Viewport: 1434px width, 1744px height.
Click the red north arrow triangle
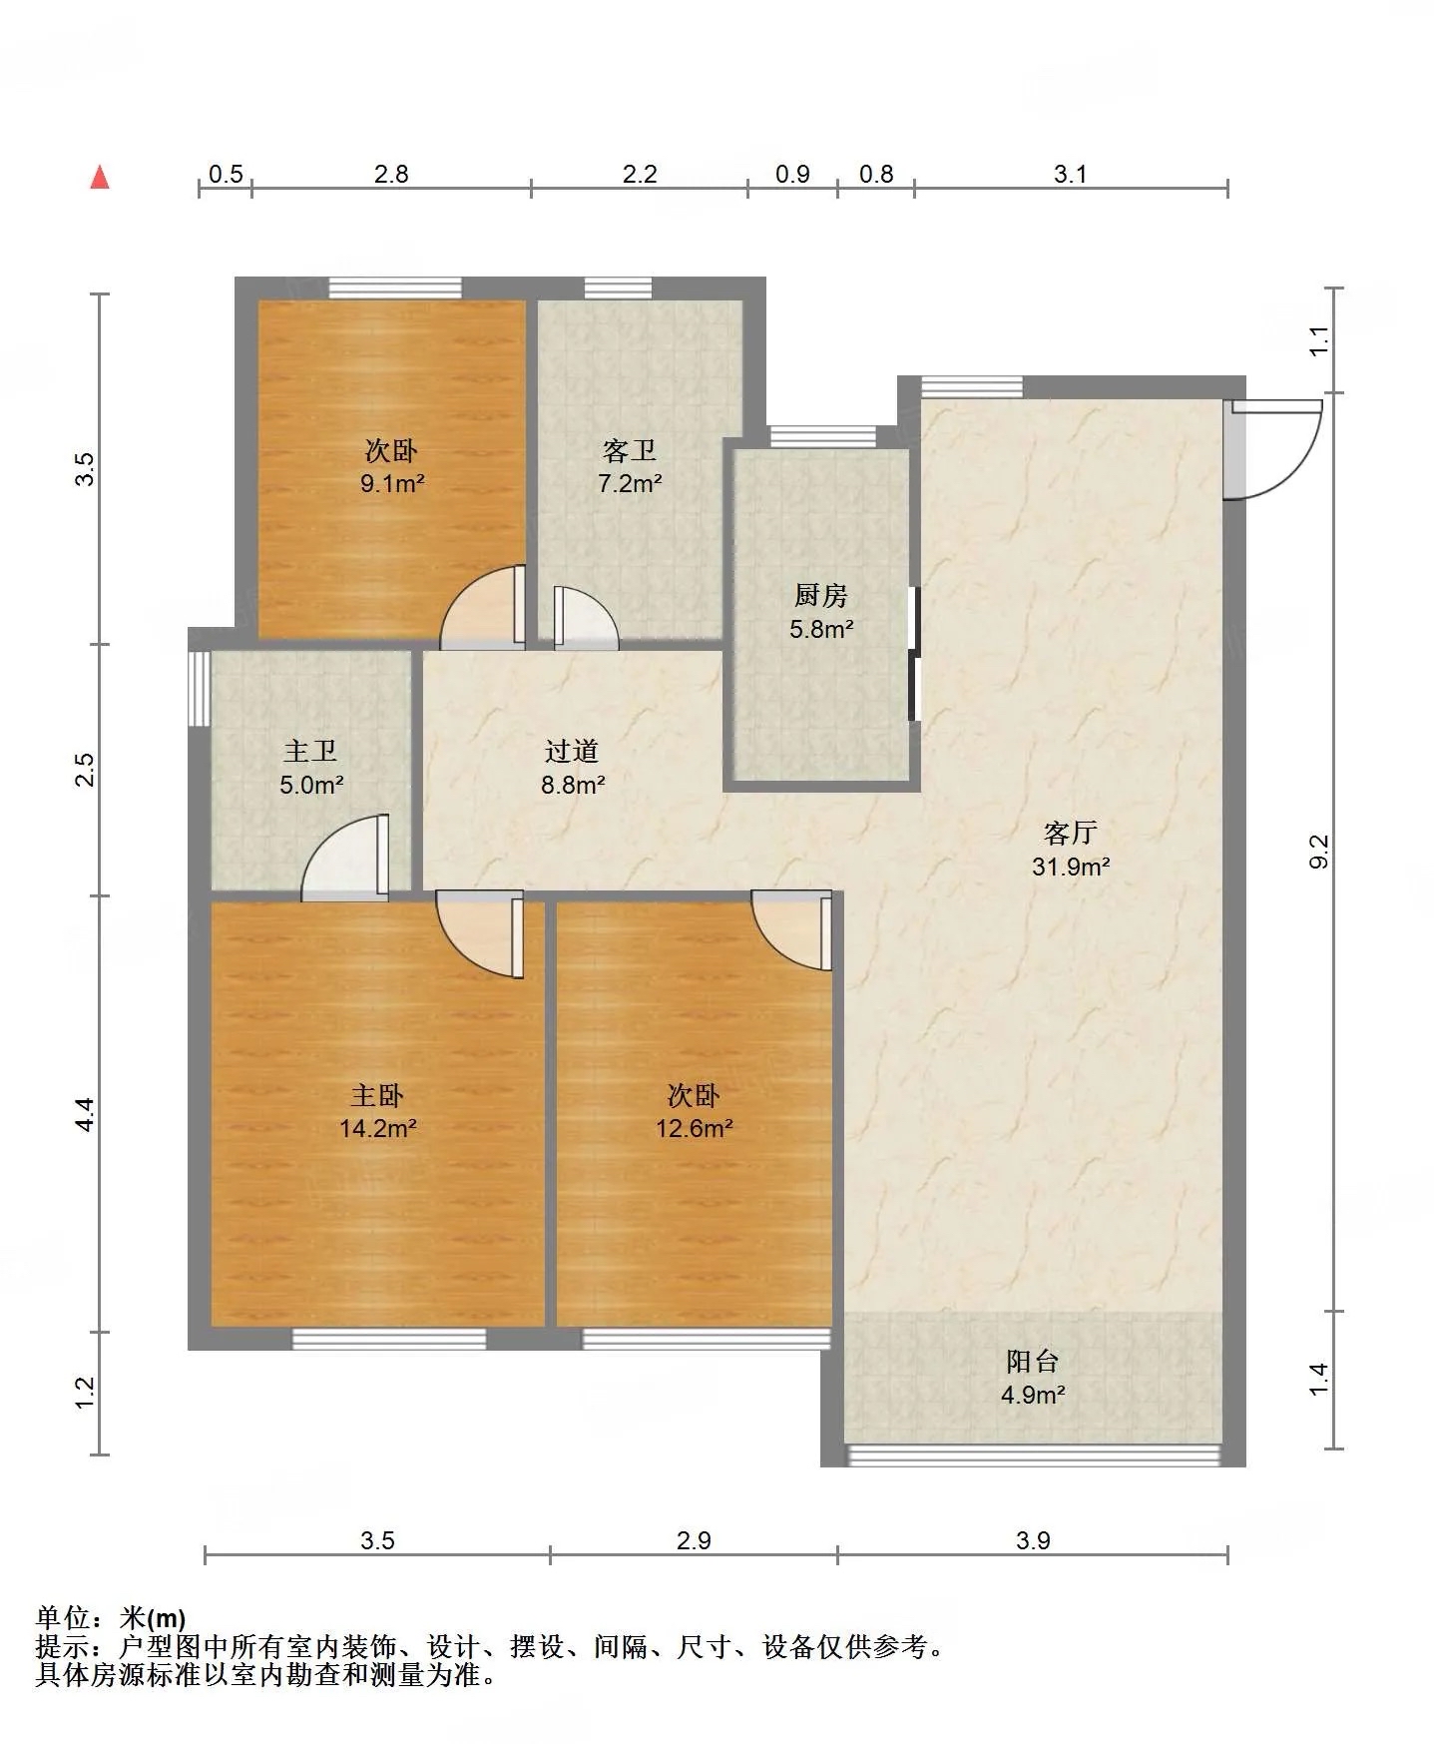click(x=100, y=177)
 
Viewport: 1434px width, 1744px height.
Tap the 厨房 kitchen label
click(x=821, y=596)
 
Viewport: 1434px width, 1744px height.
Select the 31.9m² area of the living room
click(x=1071, y=867)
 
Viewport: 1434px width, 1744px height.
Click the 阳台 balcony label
click(x=1033, y=1361)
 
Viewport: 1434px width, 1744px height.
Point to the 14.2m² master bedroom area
click(x=377, y=1129)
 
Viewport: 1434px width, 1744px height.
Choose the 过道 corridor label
click(x=572, y=751)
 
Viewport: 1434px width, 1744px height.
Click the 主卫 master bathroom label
click(x=310, y=751)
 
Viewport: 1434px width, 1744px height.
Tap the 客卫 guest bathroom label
click(x=630, y=451)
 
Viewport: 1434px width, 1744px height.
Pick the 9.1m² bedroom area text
click(x=392, y=484)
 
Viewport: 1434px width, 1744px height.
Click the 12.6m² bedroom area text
click(x=695, y=1129)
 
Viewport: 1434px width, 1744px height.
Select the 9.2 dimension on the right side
click(x=1319, y=852)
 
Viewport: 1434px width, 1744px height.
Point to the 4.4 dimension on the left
click(x=86, y=1114)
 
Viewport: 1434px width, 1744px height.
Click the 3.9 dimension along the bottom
click(x=1034, y=1540)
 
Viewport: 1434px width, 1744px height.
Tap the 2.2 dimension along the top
click(x=640, y=175)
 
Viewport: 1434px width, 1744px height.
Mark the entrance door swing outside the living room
click(x=1273, y=448)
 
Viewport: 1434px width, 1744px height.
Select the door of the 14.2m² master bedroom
click(x=480, y=934)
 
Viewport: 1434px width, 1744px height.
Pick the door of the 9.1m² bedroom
click(x=483, y=607)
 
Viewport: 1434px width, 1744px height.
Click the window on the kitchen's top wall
click(x=822, y=437)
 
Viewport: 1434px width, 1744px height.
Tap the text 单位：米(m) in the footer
click(x=110, y=1618)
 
